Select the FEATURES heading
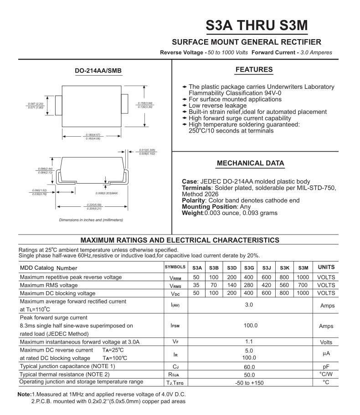point(254,70)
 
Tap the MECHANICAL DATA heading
point(250,163)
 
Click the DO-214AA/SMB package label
point(98,71)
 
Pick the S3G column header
point(249,268)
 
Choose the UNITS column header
point(326,267)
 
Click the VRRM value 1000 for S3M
point(303,277)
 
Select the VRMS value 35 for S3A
point(196,285)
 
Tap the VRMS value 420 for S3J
point(267,285)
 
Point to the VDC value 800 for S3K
point(284,293)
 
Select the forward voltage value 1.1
point(249,342)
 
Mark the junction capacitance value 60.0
point(249,367)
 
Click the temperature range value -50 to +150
point(249,383)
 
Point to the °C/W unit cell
point(326,374)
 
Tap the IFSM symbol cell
point(175,326)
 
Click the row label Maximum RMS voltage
point(49,285)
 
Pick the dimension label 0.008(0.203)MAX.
point(107,193)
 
